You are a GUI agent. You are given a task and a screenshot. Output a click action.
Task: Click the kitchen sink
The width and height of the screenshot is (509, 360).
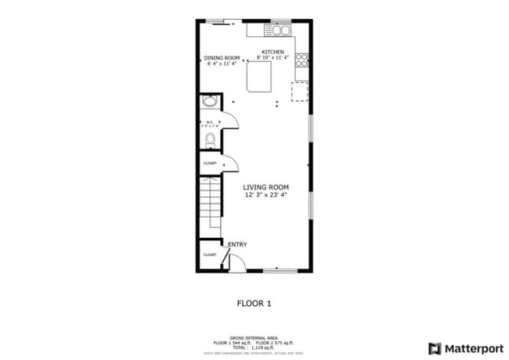[x=280, y=31]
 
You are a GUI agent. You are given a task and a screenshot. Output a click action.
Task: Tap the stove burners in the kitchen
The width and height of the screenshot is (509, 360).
[x=302, y=59]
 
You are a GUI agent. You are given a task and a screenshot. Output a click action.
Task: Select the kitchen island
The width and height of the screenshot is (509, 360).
[x=259, y=77]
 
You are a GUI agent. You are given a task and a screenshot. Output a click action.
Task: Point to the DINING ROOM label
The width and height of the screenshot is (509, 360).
[x=221, y=58]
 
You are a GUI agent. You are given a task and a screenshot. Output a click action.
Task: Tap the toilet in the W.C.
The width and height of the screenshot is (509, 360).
[x=209, y=140]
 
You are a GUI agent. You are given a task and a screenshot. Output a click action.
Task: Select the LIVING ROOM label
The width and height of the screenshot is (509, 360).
[x=265, y=187]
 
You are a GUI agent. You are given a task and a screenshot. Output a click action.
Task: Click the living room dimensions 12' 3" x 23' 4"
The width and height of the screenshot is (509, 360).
[x=265, y=196]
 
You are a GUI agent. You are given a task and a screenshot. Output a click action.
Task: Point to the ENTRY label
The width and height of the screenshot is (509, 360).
[x=237, y=245]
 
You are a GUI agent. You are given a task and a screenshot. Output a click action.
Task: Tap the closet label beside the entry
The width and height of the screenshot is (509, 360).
[x=210, y=255]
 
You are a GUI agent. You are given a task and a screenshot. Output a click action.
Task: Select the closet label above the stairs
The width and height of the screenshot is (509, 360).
[x=210, y=163]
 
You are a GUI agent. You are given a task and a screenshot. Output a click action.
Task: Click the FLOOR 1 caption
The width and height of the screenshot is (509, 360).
[x=254, y=302]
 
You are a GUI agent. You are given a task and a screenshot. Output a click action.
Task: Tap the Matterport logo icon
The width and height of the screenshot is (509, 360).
[x=435, y=348]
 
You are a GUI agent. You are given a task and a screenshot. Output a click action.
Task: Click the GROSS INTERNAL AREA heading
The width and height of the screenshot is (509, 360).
[x=254, y=337]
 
